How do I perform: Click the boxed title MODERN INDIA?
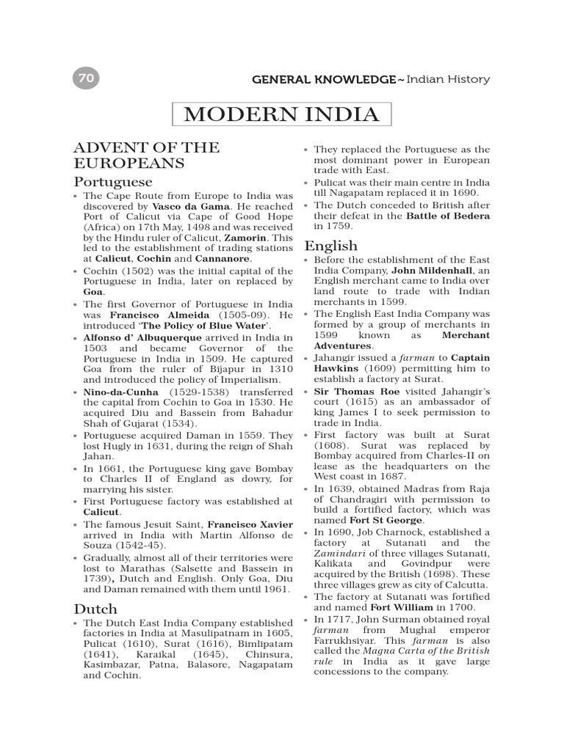[x=281, y=115]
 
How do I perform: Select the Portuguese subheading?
[x=113, y=180]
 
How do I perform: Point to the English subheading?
[x=330, y=245]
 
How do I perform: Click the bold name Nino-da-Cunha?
[x=120, y=392]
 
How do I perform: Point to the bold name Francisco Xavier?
[x=250, y=525]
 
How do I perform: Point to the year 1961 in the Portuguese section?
[x=275, y=588]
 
